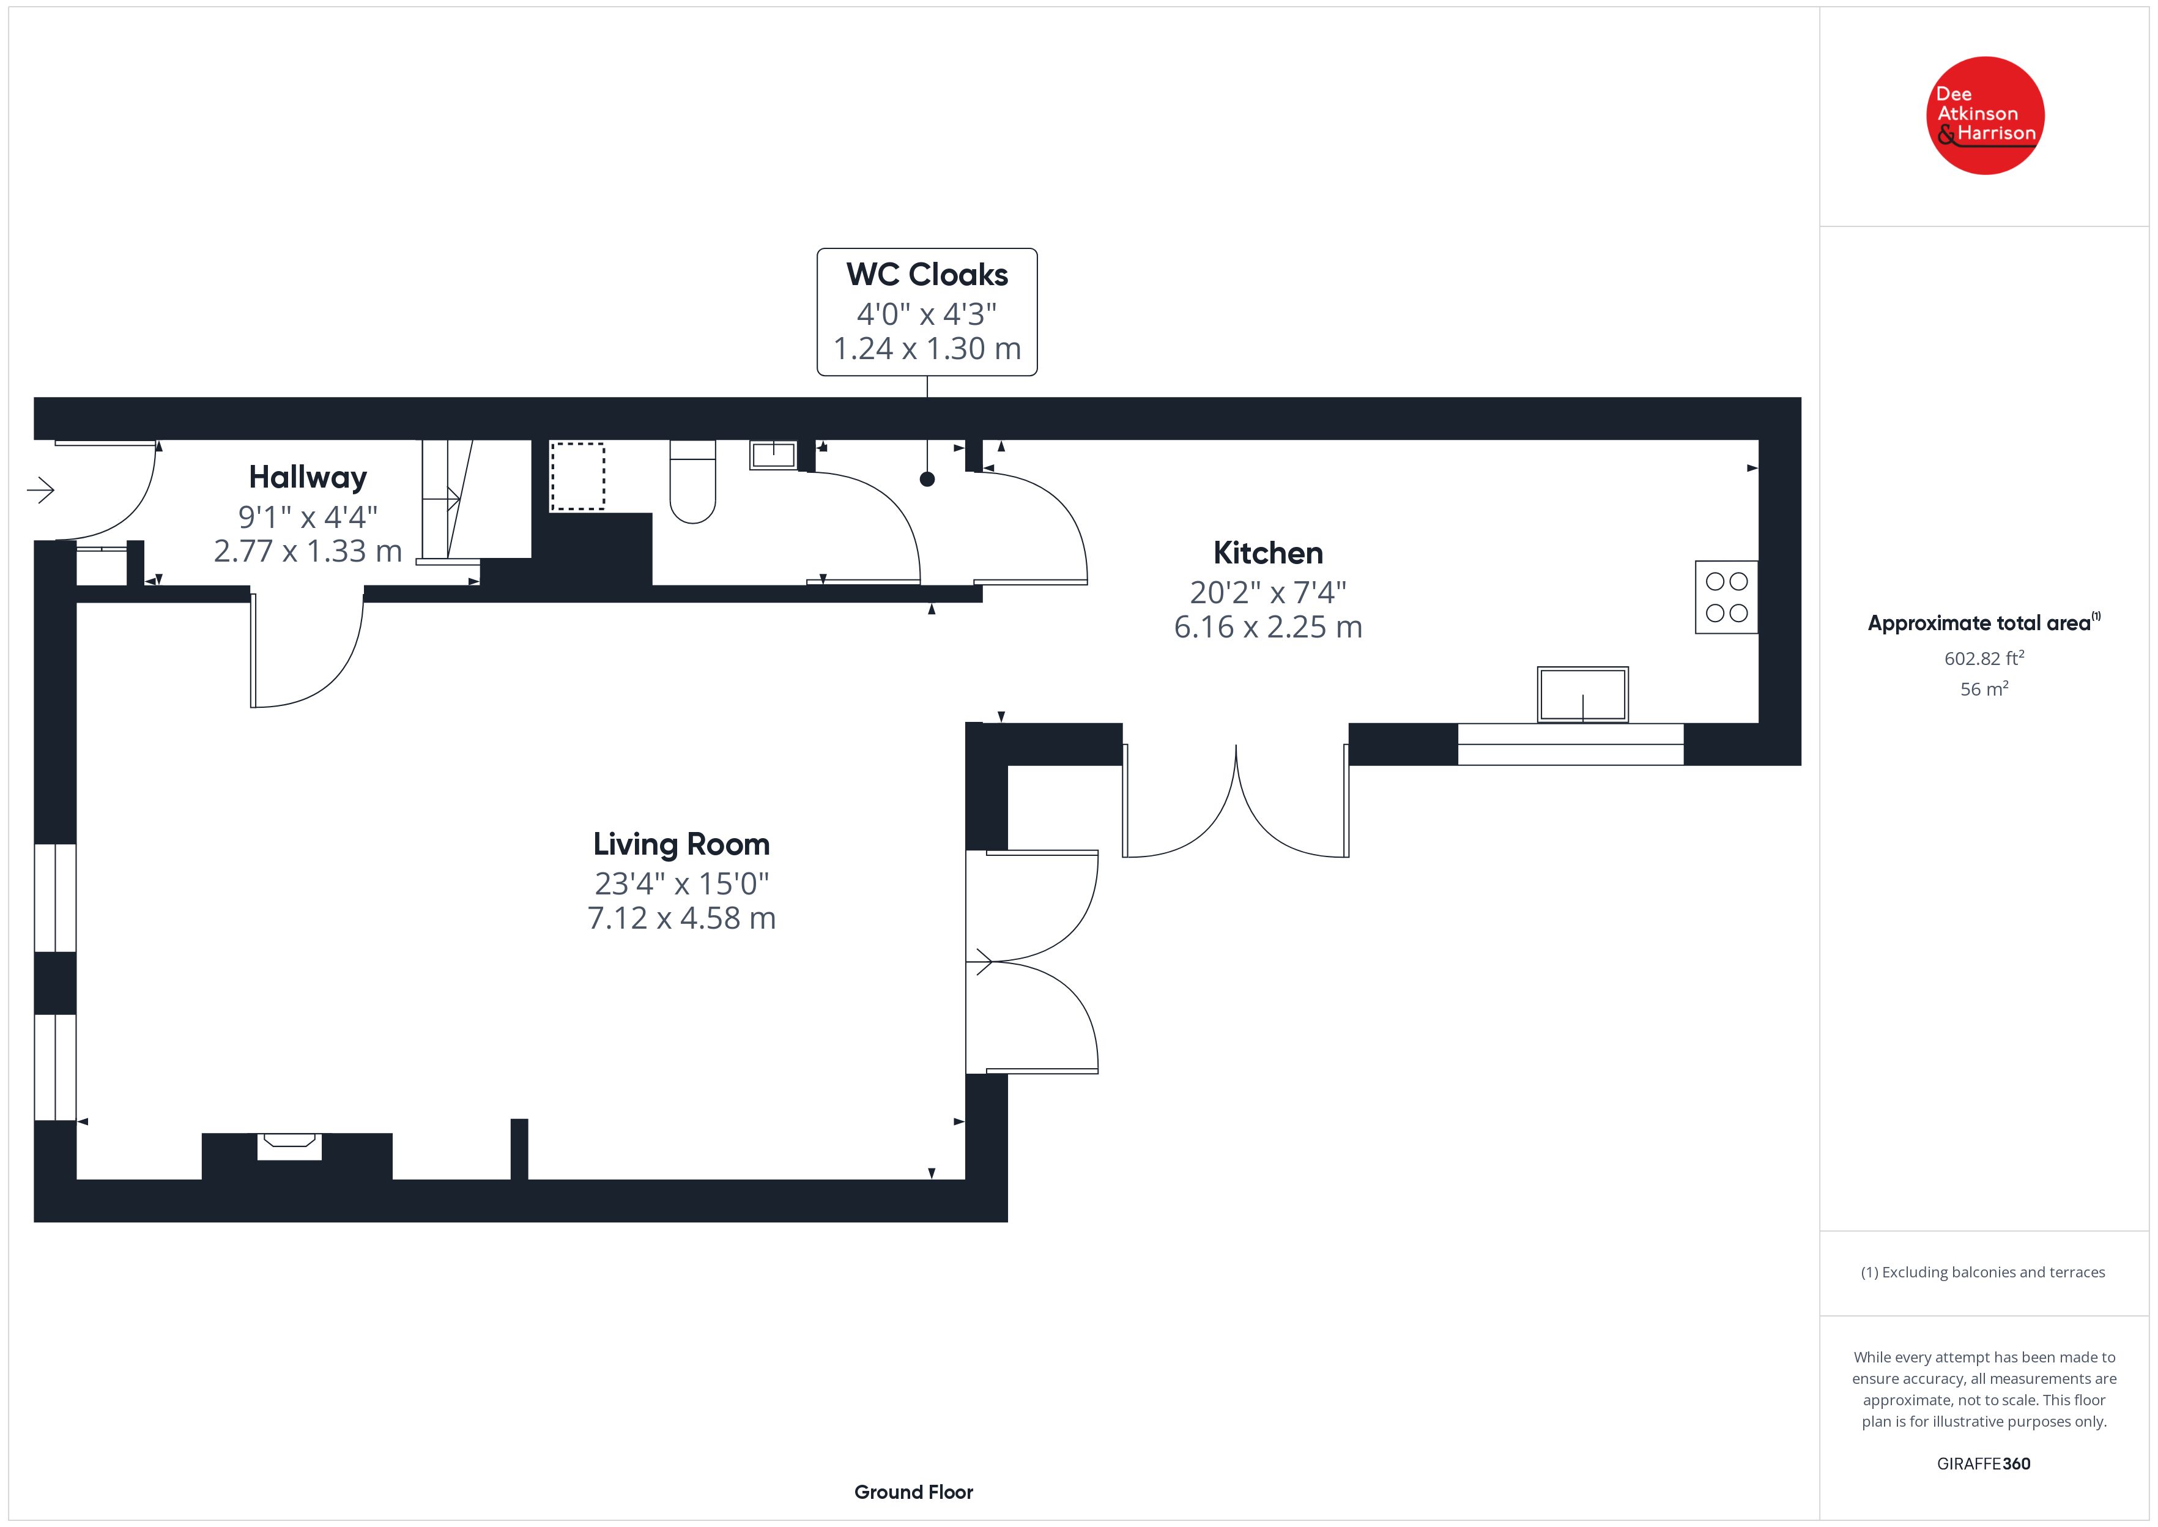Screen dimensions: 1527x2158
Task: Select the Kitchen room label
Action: click(x=1268, y=553)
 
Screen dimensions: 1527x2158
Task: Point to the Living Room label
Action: click(x=681, y=844)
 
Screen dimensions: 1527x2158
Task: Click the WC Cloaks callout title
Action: click(x=927, y=275)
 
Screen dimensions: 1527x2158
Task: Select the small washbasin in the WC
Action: click(x=773, y=455)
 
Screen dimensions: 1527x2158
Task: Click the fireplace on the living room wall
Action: click(x=289, y=1145)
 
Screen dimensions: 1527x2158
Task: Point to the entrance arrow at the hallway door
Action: click(x=40, y=490)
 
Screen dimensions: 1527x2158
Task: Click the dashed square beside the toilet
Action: click(x=577, y=477)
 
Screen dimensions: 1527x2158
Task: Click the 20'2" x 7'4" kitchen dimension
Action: click(x=1268, y=592)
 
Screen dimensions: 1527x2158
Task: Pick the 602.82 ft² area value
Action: click(x=1983, y=658)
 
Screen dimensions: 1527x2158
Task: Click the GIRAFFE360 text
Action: click(x=1983, y=1464)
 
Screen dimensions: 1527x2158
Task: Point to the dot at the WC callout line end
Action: click(x=927, y=480)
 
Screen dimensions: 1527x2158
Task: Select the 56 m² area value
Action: click(x=1983, y=689)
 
